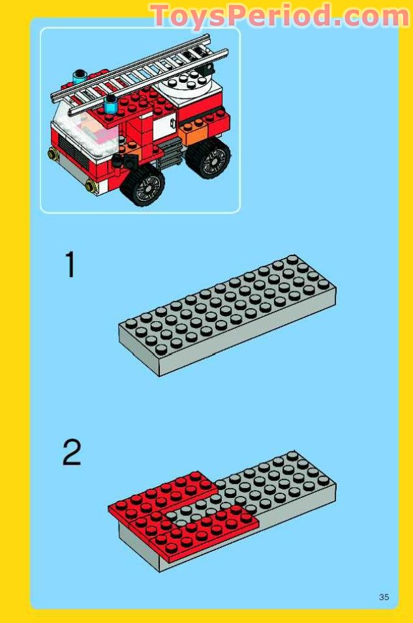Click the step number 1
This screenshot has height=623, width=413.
point(70,265)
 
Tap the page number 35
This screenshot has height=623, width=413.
point(384,597)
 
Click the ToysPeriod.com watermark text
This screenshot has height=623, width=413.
point(280,16)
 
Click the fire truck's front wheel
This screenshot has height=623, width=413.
point(142,185)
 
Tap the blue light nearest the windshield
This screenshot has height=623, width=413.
point(111,104)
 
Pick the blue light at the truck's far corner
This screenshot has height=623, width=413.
point(80,76)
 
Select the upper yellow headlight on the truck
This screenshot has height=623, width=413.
point(52,153)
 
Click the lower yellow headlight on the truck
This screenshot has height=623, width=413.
point(91,185)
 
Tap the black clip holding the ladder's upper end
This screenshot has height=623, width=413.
point(207,71)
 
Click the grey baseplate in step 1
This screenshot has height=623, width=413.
point(227,315)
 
